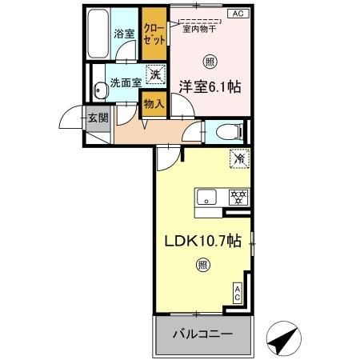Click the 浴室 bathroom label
[123, 34]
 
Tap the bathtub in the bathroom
[98, 34]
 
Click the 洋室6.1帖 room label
[210, 86]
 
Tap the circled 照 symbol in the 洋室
[209, 60]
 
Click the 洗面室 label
[125, 82]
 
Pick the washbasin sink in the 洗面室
[99, 91]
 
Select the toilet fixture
[226, 130]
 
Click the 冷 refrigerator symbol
[238, 158]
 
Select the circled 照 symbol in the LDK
[202, 266]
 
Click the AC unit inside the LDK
[238, 294]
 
